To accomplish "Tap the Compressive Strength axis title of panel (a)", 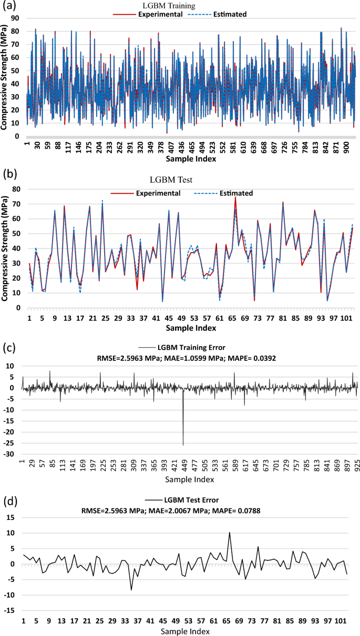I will [x=5, y=77].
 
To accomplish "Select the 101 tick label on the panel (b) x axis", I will [x=349, y=318].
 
